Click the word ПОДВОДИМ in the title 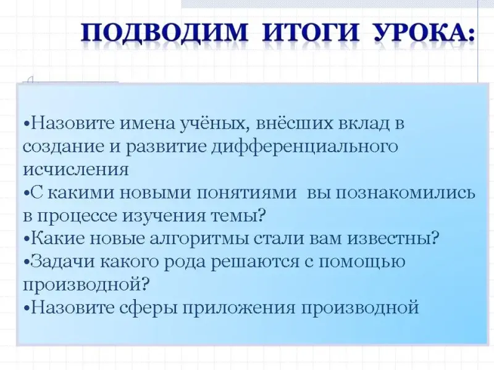(164, 33)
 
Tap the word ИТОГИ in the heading (311, 32)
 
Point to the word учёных (214, 124)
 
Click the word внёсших (295, 123)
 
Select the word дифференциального (304, 147)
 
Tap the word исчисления (76, 170)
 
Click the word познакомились (405, 193)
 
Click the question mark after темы (260, 215)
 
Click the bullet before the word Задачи (27, 261)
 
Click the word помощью (362, 262)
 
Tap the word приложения (240, 308)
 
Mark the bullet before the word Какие (27, 239)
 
